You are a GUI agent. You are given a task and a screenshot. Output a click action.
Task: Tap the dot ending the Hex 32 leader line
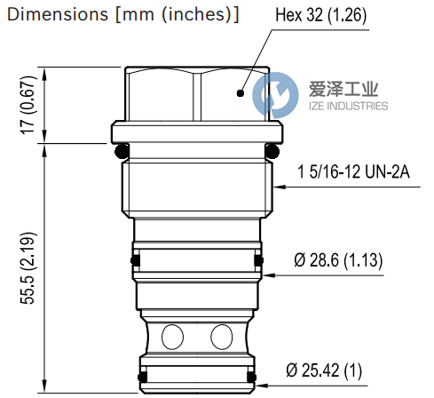click(x=240, y=92)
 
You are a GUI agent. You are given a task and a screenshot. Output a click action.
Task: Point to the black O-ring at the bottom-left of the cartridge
click(x=142, y=380)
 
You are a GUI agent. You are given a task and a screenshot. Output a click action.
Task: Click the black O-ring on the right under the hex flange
click(x=273, y=148)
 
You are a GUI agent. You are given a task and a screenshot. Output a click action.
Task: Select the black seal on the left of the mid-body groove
click(x=135, y=260)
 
